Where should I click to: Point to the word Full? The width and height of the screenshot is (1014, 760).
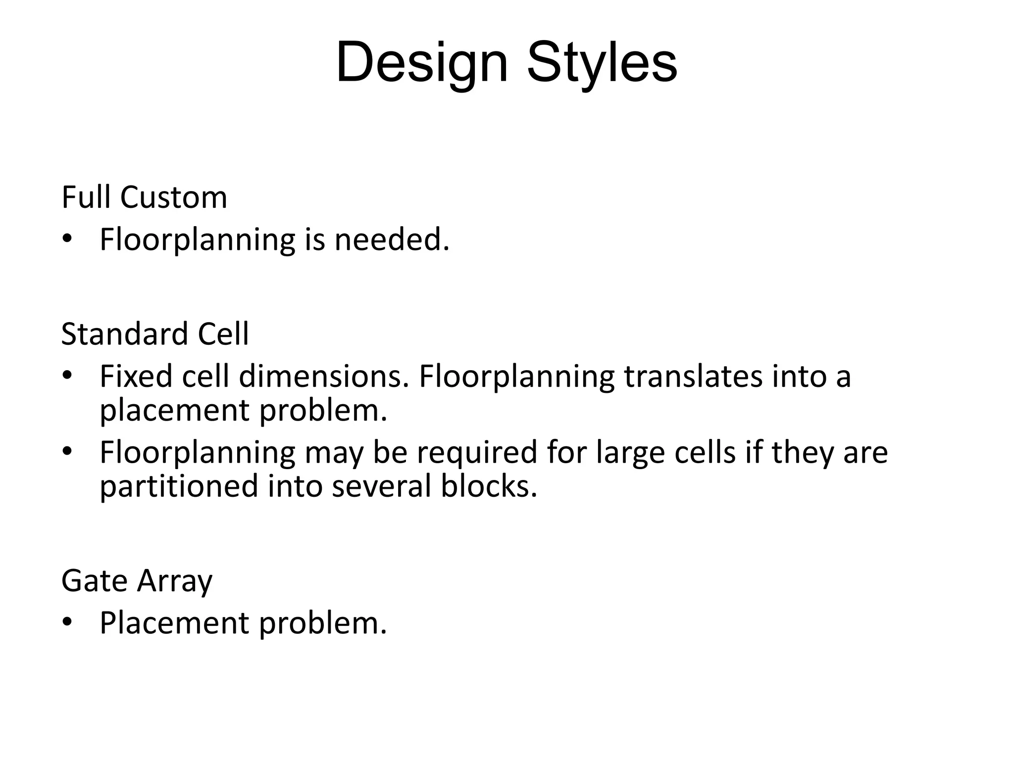point(86,197)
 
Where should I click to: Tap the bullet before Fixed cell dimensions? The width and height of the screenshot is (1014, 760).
point(68,376)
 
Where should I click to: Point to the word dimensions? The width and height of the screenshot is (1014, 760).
point(325,376)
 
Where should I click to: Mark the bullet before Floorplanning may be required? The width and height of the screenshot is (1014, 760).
point(68,452)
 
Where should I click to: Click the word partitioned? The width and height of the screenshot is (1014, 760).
point(179,486)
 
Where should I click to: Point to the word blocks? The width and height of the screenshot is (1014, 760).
point(488,486)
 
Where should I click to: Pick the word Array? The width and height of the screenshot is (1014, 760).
point(175,581)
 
